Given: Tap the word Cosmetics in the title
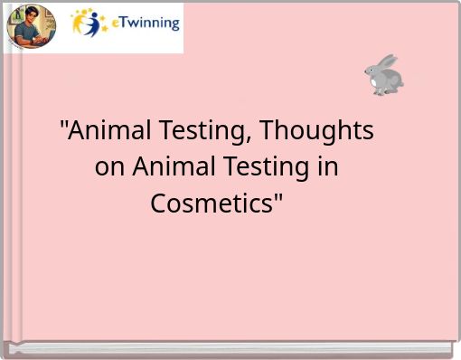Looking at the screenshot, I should pos(211,204).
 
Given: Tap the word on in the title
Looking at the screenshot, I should pos(110,168).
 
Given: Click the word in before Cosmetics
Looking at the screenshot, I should pos(329,168).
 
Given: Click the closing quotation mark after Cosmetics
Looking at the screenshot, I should pos(277,197).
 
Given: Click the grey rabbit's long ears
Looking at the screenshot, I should pos(386,62).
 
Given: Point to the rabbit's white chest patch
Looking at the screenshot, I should pos(379,81).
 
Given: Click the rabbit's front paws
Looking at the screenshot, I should pos(378,91).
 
